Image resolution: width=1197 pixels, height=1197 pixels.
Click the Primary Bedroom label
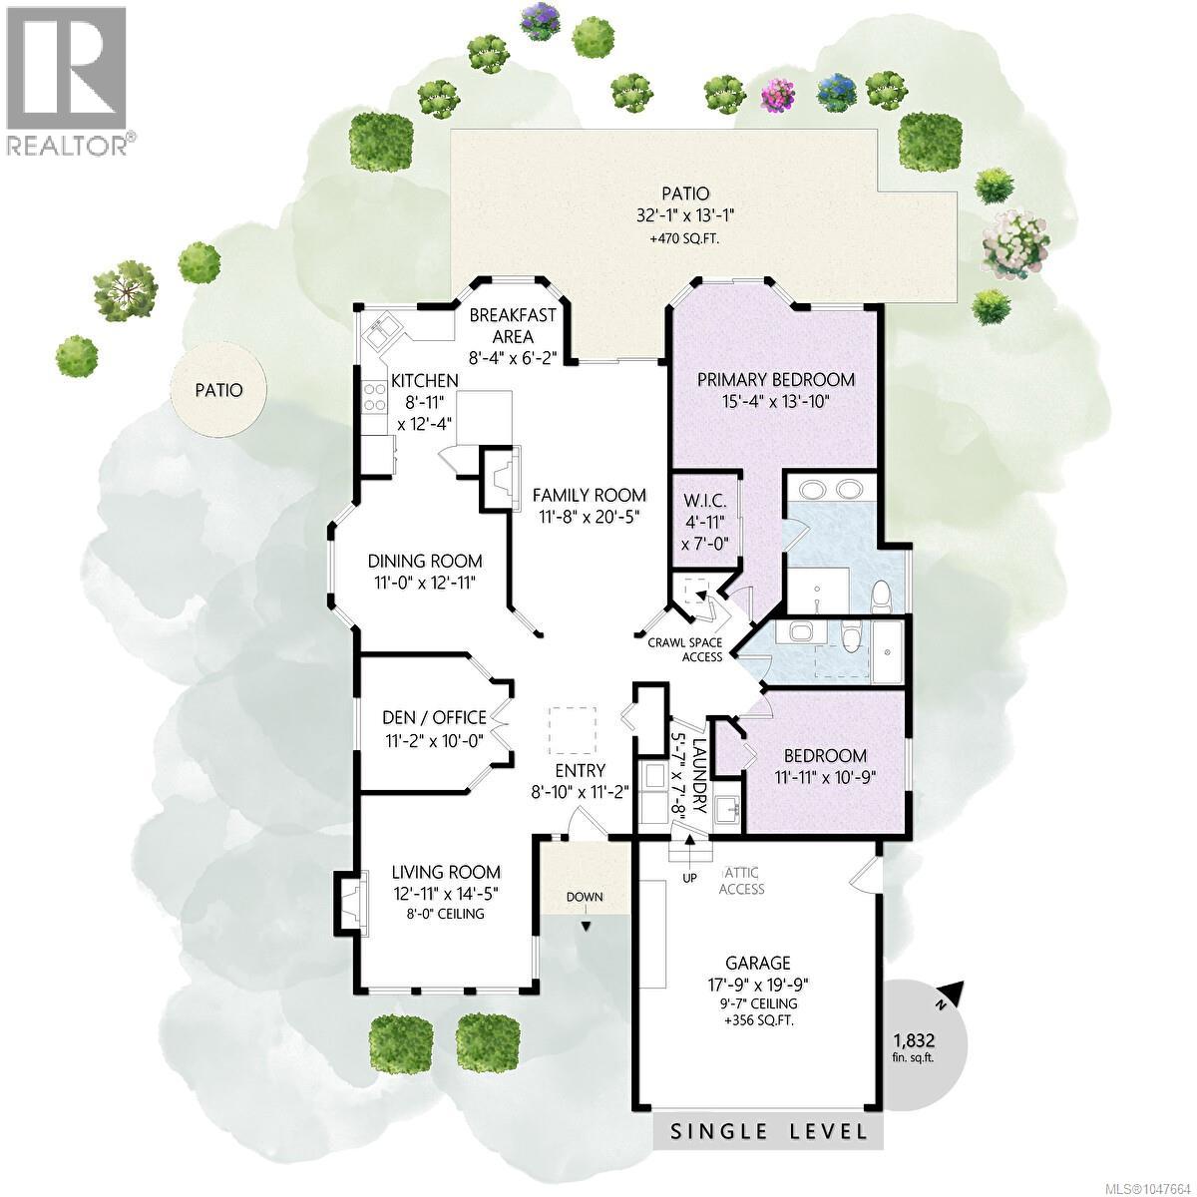pos(776,379)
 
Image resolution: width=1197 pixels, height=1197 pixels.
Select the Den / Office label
pos(434,718)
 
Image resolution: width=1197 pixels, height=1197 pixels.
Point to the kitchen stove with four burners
pos(374,397)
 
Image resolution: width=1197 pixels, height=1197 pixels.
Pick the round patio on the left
pos(218,390)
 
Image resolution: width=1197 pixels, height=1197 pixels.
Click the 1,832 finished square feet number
pos(914,1039)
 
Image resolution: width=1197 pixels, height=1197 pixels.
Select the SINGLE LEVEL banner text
pos(768,1131)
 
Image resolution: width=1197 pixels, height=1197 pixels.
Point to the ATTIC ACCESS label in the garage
pos(741,882)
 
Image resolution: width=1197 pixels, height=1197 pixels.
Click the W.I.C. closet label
pos(704,501)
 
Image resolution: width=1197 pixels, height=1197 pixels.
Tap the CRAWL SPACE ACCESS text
pos(685,649)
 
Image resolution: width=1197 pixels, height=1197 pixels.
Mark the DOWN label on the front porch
pos(585,897)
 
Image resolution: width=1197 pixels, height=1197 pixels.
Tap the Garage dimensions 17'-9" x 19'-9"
pos(758,985)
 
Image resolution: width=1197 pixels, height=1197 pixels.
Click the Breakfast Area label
pos(513,325)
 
